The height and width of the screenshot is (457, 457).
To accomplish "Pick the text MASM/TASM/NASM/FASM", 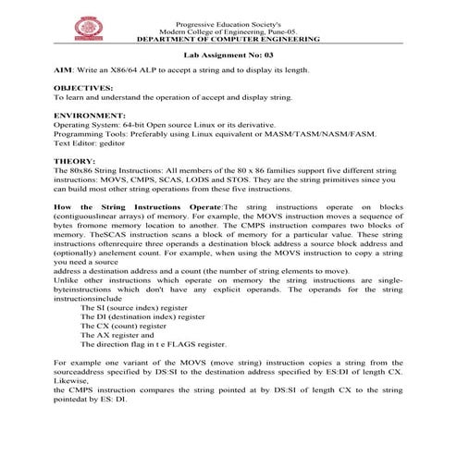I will coord(336,136).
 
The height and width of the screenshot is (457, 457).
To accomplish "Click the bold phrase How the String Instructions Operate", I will coord(139,208).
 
